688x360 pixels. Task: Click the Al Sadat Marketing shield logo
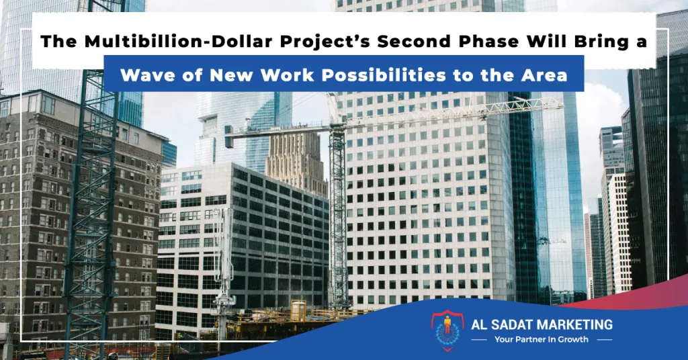pyautogui.click(x=447, y=330)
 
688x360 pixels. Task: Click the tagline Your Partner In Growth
pyautogui.click(x=542, y=339)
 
